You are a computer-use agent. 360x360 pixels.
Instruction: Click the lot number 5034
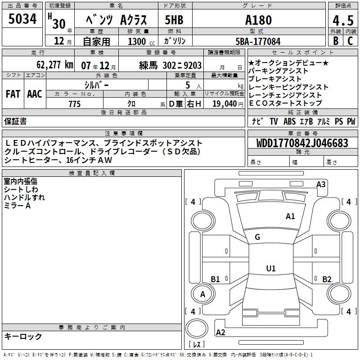tap(22, 19)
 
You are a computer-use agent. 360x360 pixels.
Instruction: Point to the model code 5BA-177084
tap(258, 41)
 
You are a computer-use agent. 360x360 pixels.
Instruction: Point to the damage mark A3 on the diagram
tap(321, 184)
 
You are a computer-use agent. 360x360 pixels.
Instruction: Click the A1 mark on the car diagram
tap(290, 216)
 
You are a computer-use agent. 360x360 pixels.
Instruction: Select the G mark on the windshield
tap(257, 237)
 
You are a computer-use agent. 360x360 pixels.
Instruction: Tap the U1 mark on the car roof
tap(270, 269)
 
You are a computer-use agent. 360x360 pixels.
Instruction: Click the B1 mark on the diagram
tap(216, 279)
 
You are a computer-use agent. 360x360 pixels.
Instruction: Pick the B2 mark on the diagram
tap(327, 279)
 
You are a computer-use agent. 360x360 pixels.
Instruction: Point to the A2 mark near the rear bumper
tap(220, 333)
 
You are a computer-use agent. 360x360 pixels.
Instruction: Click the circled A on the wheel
tap(202, 294)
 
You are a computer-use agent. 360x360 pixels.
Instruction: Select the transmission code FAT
tap(13, 94)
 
